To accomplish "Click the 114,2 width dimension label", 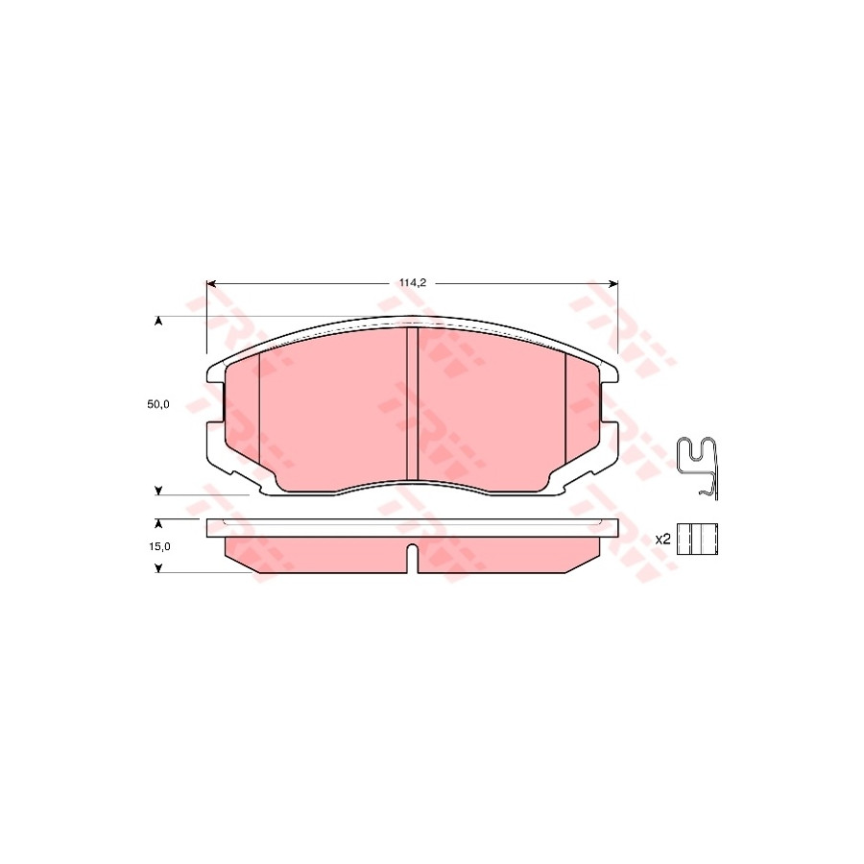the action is [413, 283].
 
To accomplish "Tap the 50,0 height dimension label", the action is [158, 404].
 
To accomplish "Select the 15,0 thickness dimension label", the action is [159, 546].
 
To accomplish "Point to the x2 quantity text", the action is [662, 540].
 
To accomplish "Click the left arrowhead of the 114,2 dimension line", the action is [210, 284].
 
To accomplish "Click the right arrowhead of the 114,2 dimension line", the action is [613, 284].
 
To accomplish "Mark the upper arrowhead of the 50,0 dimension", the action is [158, 321].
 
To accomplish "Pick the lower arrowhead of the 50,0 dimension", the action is [158, 491].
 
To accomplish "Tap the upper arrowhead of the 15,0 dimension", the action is [158, 523].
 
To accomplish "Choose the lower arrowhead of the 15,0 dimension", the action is [158, 568].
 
